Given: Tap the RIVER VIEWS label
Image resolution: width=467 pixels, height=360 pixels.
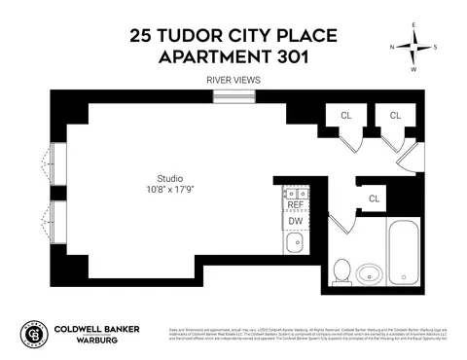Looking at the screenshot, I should pyautogui.click(x=233, y=80).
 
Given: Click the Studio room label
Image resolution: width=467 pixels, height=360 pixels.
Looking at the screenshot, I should pyautogui.click(x=170, y=178).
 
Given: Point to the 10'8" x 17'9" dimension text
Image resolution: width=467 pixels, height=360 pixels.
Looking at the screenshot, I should pyautogui.click(x=170, y=192).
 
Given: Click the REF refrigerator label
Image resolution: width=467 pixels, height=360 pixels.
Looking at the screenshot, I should pyautogui.click(x=295, y=205).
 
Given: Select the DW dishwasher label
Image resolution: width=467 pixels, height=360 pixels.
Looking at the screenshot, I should pyautogui.click(x=295, y=221).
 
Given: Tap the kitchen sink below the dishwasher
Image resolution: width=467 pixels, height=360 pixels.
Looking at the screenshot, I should pyautogui.click(x=295, y=241).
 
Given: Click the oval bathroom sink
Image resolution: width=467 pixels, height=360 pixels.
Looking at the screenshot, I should pyautogui.click(x=369, y=271).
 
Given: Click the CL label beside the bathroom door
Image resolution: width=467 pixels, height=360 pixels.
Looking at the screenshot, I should pyautogui.click(x=375, y=198).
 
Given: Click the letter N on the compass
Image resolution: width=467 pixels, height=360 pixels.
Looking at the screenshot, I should pyautogui.click(x=392, y=46).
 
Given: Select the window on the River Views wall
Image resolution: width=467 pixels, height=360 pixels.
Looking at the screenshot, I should pyautogui.click(x=232, y=95).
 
